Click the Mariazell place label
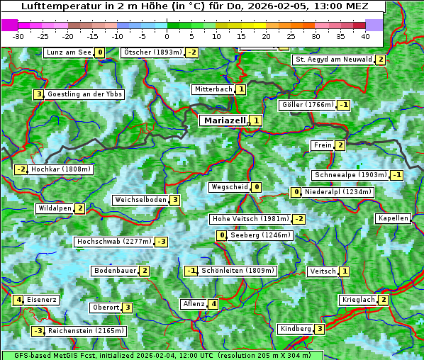[x=224, y=120]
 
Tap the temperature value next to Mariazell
[x=256, y=120]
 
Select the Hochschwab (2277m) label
[x=114, y=242]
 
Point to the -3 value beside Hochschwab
[x=162, y=242]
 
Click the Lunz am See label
[x=69, y=52]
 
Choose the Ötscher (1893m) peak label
[x=152, y=52]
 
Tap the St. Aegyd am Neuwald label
[x=333, y=60]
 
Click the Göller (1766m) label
[x=307, y=105]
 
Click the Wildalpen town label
[x=55, y=208]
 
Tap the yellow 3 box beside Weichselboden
[x=174, y=200]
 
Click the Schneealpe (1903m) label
[x=350, y=175]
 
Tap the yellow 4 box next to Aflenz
[x=213, y=304]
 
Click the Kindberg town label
[x=296, y=329]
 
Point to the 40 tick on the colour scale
[x=364, y=35]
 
